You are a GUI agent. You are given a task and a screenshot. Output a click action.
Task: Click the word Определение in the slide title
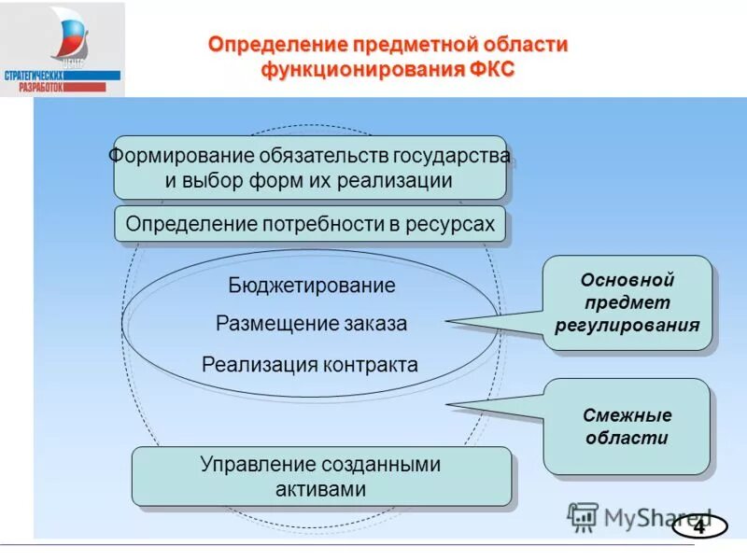coord(275,45)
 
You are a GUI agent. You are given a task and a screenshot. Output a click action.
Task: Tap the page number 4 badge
coord(698,527)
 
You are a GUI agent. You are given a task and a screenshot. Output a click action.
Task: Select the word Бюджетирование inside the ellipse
coord(312,286)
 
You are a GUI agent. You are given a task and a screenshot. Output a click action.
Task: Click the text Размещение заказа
coord(312,324)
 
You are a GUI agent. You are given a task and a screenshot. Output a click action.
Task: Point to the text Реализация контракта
coord(310,365)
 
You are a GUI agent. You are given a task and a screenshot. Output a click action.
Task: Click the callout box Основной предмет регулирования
coord(627,303)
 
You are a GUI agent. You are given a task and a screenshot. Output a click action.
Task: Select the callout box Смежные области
coord(627,427)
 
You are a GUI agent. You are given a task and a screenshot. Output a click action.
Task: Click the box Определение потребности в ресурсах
coord(310,225)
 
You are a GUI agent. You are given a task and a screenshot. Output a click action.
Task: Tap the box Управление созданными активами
coord(321,476)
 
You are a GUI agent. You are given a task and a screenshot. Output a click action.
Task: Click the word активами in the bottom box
coord(321,489)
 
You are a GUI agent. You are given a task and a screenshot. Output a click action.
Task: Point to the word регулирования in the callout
coord(627,326)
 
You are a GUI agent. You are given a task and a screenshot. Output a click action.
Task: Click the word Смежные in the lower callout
coord(627,415)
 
